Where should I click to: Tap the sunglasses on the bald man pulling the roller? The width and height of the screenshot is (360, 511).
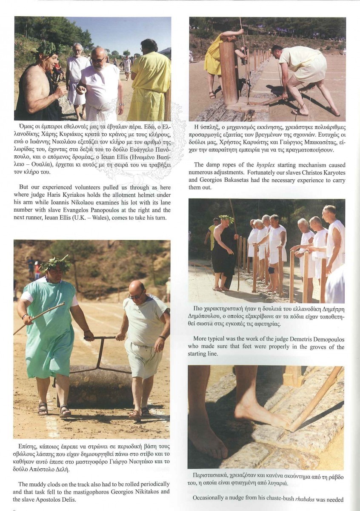137,296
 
